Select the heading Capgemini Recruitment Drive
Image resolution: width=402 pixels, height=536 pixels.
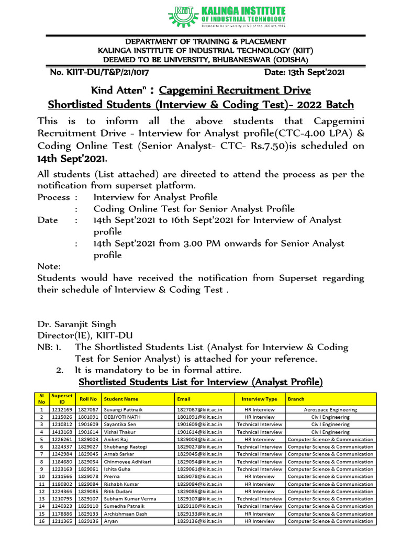coord(235,90)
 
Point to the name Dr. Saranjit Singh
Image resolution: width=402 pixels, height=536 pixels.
coord(76,324)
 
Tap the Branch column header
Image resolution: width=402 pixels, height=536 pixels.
coord(296,399)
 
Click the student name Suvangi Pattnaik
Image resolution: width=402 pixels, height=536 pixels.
coord(124,410)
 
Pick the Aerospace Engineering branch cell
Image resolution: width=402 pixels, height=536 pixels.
coord(330,410)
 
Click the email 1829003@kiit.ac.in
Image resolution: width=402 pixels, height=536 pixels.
coord(199,440)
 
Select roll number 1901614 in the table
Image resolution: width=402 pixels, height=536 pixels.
coord(88,432)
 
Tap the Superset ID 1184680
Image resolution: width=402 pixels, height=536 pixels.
coord(62,462)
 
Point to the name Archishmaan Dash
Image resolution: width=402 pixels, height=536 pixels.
coord(125,513)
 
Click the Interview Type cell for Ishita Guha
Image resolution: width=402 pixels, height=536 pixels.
coord(259,469)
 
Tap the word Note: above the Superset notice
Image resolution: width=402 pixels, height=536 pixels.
coord(49,266)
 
